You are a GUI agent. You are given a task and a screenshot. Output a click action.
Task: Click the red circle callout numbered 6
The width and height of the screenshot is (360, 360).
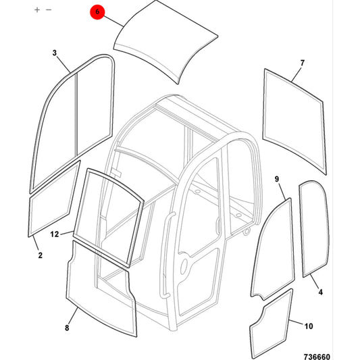[97, 12]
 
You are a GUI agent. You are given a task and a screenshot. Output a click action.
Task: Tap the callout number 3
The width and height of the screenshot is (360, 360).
[55, 53]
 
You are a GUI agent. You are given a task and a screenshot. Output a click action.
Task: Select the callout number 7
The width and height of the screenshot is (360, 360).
[303, 63]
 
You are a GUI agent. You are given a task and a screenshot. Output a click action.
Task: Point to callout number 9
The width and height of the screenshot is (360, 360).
[277, 179]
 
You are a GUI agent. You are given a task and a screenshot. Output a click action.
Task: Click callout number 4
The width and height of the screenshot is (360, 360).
[321, 292]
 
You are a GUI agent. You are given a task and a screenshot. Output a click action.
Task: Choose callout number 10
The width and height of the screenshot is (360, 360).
[309, 326]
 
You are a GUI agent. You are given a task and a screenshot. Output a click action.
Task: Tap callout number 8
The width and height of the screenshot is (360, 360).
[67, 328]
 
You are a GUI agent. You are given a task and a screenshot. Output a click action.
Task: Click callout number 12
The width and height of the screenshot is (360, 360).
[55, 234]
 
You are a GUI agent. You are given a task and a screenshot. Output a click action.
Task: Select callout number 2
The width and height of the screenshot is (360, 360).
[40, 255]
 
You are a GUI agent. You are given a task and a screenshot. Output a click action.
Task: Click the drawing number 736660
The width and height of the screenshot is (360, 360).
[317, 357]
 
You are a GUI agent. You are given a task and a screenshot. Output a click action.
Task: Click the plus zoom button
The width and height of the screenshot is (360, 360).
[37, 10]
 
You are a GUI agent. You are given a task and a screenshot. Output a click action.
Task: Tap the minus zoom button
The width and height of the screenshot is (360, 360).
[49, 10]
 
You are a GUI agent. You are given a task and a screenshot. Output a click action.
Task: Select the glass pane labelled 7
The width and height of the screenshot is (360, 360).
[294, 122]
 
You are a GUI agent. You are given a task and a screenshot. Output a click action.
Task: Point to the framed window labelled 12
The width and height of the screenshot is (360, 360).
[108, 217]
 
